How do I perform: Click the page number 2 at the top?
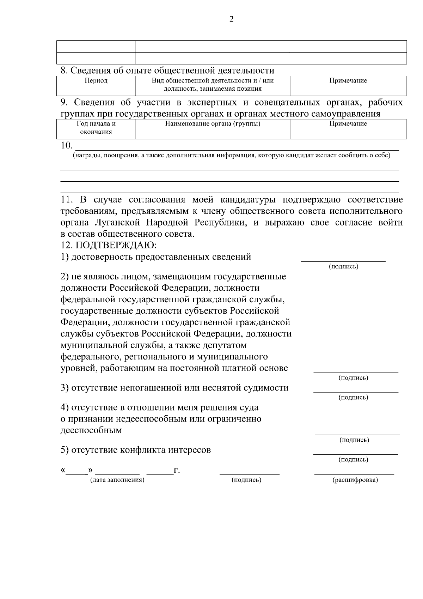pyautogui.click(x=231, y=19)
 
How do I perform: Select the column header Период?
pyautogui.click(x=96, y=81)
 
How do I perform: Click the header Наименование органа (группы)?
pyautogui.click(x=213, y=124)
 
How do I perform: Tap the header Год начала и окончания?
pyautogui.click(x=96, y=128)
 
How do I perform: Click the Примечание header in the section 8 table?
pyautogui.click(x=348, y=81)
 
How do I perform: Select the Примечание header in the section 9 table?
pyautogui.click(x=348, y=124)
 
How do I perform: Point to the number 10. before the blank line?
pyautogui.click(x=66, y=145)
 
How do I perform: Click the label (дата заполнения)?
pyautogui.click(x=117, y=480)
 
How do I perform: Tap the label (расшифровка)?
pyautogui.click(x=355, y=480)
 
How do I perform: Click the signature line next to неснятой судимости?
pyautogui.click(x=356, y=392)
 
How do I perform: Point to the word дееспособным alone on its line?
pyautogui.click(x=91, y=430)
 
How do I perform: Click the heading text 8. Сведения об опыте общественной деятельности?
pyautogui.click(x=167, y=70)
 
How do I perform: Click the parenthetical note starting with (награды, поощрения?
pyautogui.click(x=231, y=156)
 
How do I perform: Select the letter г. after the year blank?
pyautogui.click(x=177, y=471)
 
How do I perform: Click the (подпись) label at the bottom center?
pyautogui.click(x=246, y=480)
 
